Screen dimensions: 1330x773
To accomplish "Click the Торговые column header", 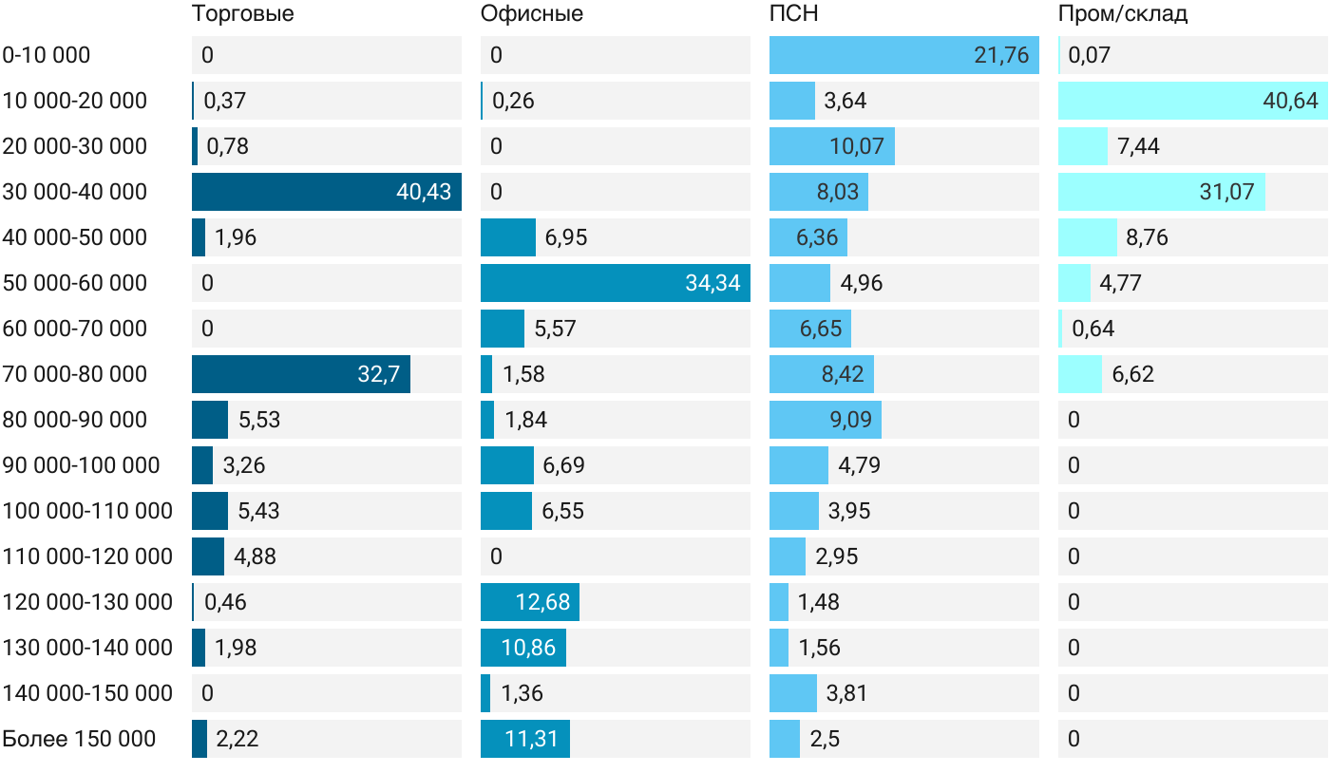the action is (x=242, y=13).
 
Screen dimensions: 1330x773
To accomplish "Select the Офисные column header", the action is (x=531, y=13).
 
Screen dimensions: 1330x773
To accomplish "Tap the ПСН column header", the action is (x=793, y=13).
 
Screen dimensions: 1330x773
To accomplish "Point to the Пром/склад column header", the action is (x=1122, y=13).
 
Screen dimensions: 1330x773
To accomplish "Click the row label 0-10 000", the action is (x=47, y=55).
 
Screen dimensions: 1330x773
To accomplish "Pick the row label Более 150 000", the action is (x=79, y=739).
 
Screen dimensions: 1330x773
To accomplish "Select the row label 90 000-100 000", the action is (x=81, y=465).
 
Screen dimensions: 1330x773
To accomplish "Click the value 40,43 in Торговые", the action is (x=424, y=192).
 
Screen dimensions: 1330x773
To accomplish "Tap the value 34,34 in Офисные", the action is (x=712, y=283).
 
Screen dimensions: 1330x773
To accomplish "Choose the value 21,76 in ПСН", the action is (x=1001, y=55).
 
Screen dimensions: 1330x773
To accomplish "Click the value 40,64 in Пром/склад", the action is (x=1290, y=101).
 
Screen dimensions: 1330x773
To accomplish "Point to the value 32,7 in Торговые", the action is (x=379, y=374).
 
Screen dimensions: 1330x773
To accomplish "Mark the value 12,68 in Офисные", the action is (x=542, y=602).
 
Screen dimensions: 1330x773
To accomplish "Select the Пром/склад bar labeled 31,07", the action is (x=1161, y=192).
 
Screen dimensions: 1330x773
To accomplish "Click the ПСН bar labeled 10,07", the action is (x=832, y=146).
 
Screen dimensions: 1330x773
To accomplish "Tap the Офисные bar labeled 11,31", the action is (x=524, y=739).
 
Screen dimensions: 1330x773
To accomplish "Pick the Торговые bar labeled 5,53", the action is (x=210, y=420).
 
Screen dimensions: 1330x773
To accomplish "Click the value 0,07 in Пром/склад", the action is (x=1089, y=55).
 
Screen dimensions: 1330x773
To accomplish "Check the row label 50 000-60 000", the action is (x=74, y=283).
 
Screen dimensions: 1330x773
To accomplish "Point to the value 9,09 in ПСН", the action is (x=850, y=420).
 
